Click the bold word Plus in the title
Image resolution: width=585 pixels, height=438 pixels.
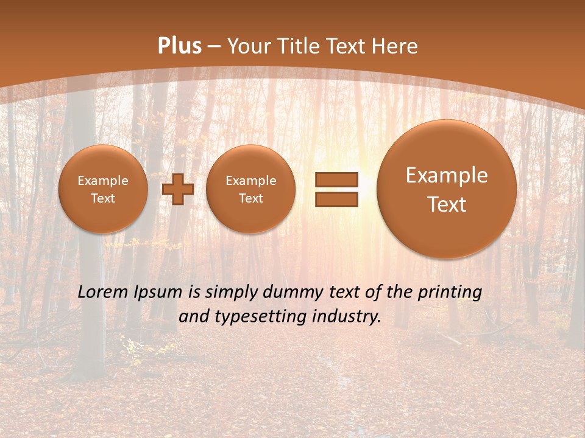[x=179, y=46]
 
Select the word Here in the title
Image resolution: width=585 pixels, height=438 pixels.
[x=396, y=46]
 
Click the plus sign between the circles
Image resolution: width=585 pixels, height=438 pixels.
[x=178, y=189]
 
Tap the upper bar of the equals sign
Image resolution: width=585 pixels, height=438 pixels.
[x=336, y=179]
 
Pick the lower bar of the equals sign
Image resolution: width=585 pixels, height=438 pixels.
[x=336, y=200]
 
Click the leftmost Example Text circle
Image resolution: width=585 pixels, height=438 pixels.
[x=103, y=189]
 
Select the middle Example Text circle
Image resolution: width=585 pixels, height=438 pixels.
[x=251, y=189]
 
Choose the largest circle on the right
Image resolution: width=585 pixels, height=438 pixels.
[x=447, y=189]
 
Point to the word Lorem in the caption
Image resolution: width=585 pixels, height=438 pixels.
[x=103, y=293]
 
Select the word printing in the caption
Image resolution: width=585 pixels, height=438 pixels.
[x=451, y=293]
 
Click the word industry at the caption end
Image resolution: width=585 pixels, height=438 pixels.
[x=346, y=317]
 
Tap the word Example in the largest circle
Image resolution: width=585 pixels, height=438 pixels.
[x=447, y=175]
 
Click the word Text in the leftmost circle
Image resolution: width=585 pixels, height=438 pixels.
[x=103, y=198]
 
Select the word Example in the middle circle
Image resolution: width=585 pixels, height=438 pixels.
[x=251, y=181]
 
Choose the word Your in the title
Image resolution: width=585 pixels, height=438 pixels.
[x=249, y=46]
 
